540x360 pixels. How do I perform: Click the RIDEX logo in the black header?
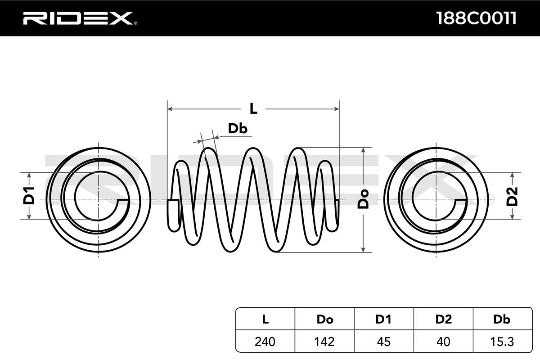point(80,18)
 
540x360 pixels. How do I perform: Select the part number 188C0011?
point(476,18)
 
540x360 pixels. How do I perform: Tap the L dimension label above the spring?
point(253,108)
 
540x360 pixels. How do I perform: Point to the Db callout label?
point(238,129)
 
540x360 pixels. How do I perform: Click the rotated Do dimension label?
point(363,199)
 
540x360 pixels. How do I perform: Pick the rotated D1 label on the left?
point(29,196)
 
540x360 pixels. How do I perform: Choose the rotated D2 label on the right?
point(512,197)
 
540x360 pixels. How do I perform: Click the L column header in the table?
point(265,319)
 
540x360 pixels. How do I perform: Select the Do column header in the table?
point(325,319)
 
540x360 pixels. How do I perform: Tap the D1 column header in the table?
point(383,319)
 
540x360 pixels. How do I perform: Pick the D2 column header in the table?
point(444,319)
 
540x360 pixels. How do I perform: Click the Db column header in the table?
point(502,319)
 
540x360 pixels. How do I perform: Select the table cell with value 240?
point(265,342)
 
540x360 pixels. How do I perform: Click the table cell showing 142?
point(324,342)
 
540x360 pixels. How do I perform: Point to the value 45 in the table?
point(384,342)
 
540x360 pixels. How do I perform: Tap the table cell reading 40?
point(443,342)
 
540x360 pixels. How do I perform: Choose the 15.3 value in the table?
point(502,342)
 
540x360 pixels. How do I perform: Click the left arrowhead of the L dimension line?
point(170,109)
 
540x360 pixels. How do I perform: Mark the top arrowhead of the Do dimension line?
point(363,150)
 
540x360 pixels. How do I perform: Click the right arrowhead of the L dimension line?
point(337,109)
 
